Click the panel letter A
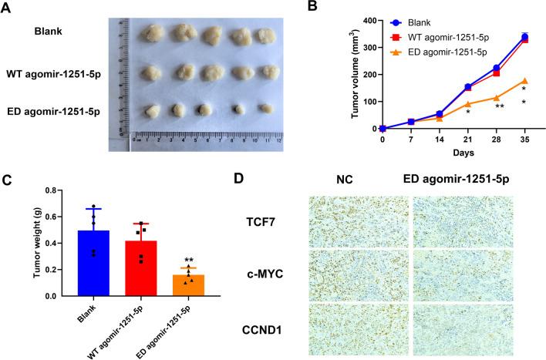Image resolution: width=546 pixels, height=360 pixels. [x=8, y=8]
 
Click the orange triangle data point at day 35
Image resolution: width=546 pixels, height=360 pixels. [x=524, y=81]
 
